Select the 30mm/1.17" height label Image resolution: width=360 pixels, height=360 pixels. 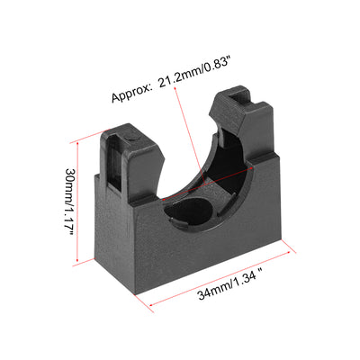(69, 202)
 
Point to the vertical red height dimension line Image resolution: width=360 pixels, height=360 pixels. (77, 202)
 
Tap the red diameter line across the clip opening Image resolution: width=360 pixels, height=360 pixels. (208, 184)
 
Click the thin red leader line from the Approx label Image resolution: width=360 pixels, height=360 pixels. (190, 136)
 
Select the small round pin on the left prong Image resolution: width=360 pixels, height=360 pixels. (132, 138)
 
